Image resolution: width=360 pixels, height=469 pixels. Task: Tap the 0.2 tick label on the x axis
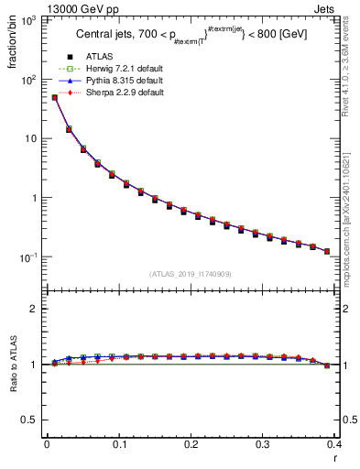(191, 444)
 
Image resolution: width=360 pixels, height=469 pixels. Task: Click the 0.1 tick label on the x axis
(118, 444)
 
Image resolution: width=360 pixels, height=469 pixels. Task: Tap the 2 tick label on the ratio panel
(34, 309)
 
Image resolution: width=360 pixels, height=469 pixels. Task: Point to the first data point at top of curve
(54, 97)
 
